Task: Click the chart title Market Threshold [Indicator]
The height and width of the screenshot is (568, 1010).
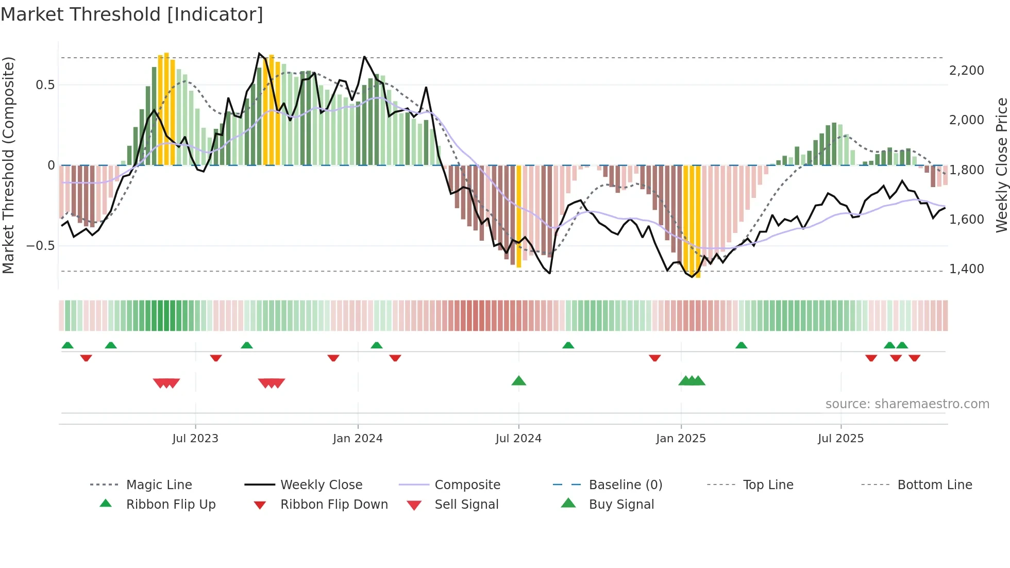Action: pos(132,14)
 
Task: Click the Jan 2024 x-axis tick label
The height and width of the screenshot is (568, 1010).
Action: pos(358,439)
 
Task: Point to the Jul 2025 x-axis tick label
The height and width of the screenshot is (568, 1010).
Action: pos(840,439)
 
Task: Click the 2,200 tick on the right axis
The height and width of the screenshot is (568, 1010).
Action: pos(966,71)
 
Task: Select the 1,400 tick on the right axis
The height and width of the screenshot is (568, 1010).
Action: pos(966,269)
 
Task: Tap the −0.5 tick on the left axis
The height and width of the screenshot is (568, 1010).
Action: pos(40,246)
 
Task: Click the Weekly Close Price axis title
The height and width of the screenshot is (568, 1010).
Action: pos(1001,165)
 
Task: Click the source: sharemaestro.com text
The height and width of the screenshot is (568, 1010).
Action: pos(907,404)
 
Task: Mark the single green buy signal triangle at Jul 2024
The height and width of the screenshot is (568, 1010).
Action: pos(519,381)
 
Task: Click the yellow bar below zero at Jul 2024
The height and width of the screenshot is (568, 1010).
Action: pos(519,216)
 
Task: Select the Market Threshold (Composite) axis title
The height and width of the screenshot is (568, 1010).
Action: pos(8,165)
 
